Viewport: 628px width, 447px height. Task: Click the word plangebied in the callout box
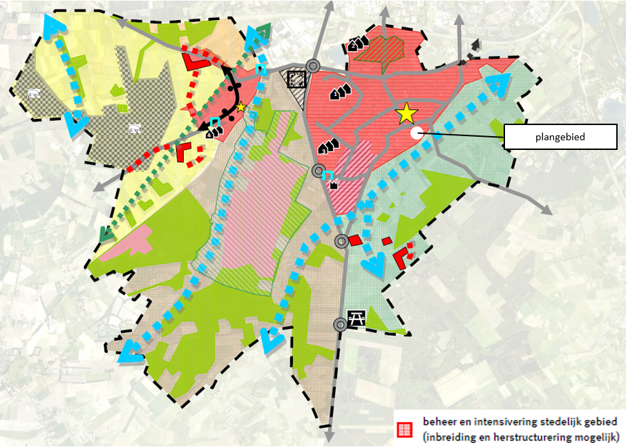[560, 137]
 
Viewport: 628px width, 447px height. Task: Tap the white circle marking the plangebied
[417, 133]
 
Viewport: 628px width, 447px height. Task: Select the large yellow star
[406, 113]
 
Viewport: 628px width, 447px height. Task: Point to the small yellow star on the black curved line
[241, 107]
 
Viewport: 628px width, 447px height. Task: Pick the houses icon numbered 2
[356, 46]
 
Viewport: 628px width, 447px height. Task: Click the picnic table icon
[357, 318]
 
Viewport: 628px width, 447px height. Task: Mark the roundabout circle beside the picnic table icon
[339, 324]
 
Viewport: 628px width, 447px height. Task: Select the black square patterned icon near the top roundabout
[296, 79]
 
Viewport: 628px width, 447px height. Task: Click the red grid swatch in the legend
[405, 429]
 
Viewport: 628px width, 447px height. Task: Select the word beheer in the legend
[439, 421]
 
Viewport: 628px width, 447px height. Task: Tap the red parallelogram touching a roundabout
[354, 240]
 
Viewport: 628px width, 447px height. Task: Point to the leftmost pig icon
[32, 93]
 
